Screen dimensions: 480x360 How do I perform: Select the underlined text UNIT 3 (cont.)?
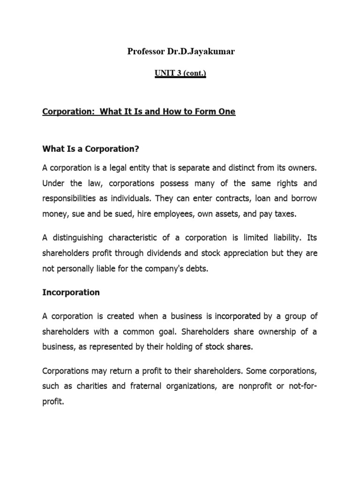[x=180, y=75]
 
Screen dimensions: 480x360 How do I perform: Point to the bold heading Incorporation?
[x=71, y=292]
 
